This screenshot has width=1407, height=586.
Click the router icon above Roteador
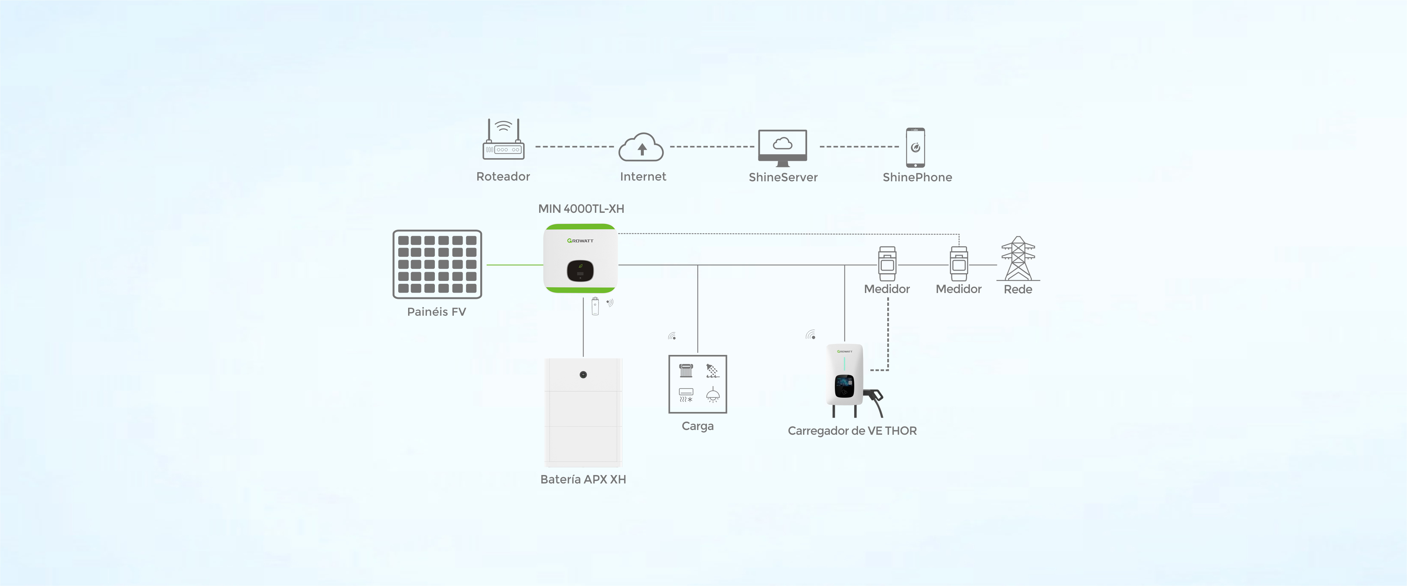coord(503,141)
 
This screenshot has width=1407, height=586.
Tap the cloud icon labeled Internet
coord(641,148)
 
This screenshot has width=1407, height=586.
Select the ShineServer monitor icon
coord(782,147)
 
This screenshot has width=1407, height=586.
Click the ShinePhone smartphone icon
coord(915,148)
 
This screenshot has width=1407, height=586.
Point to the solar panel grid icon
coord(437,264)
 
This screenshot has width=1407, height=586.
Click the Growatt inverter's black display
coord(580,271)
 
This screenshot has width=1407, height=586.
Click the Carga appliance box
coord(698,384)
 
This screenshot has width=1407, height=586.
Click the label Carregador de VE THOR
coord(851,431)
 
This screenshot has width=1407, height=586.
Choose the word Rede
coord(1018,289)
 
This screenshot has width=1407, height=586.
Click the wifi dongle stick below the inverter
coord(595,306)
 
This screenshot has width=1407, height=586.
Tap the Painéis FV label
coord(436,312)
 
